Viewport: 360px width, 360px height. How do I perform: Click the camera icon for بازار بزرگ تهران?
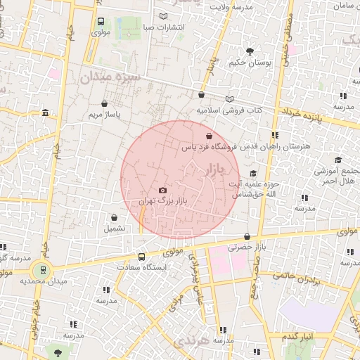click(x=163, y=190)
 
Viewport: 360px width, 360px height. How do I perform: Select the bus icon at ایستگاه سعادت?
click(x=142, y=257)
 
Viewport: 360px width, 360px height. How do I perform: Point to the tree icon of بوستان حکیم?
click(x=250, y=51)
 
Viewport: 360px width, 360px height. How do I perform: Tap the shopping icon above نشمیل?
click(x=114, y=217)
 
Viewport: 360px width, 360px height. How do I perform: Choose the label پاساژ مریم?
click(x=104, y=114)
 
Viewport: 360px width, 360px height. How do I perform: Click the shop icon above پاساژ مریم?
click(x=105, y=103)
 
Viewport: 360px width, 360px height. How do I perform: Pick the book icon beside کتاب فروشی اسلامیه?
click(x=229, y=100)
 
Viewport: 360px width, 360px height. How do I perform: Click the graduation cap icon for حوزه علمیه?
click(x=253, y=173)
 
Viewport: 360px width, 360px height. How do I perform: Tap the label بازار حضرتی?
click(x=249, y=247)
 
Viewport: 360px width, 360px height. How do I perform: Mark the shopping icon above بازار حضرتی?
click(x=246, y=236)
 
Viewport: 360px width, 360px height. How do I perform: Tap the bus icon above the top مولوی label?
click(x=101, y=22)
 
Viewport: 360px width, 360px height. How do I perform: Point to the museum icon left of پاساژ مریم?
click(x=46, y=113)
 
